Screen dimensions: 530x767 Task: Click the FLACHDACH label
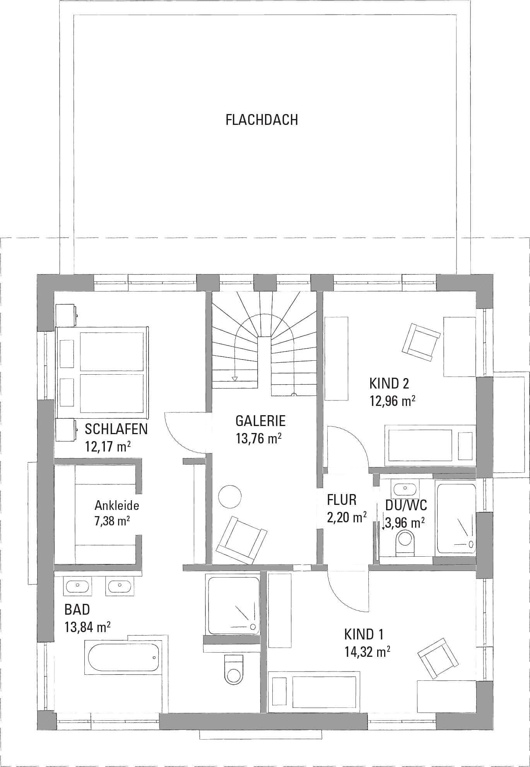point(262,120)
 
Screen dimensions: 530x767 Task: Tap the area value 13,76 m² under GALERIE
point(258,438)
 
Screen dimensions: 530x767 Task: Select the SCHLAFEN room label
point(116,429)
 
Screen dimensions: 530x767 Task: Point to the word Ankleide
point(117,505)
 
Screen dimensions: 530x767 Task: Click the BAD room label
point(77,610)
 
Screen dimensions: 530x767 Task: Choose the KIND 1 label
point(364,634)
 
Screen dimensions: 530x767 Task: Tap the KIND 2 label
point(389,383)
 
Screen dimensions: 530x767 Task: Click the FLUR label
point(342,500)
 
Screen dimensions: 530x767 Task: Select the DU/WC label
point(406,505)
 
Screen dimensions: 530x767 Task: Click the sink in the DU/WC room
point(405,488)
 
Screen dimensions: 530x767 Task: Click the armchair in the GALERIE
point(242,540)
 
